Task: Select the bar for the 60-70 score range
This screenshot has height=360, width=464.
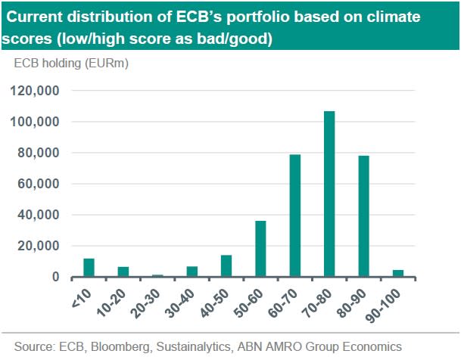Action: pyautogui.click(x=295, y=216)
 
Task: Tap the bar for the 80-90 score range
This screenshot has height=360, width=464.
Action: pyautogui.click(x=363, y=216)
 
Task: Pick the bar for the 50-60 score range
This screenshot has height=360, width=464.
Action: pyautogui.click(x=260, y=249)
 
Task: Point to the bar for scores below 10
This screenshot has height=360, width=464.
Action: pyautogui.click(x=89, y=268)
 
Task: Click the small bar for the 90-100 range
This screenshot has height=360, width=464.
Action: pyautogui.click(x=398, y=273)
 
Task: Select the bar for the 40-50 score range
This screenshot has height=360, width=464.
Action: pyautogui.click(x=226, y=266)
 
